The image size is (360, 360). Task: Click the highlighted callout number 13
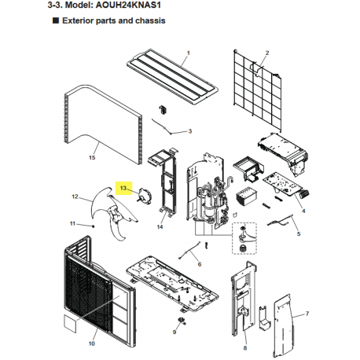[123, 188]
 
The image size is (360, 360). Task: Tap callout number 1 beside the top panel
[188, 53]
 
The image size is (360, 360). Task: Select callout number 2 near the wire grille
[267, 53]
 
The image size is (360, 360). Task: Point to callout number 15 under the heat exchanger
[92, 157]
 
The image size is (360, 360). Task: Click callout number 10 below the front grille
[92, 343]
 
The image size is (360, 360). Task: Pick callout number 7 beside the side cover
[307, 314]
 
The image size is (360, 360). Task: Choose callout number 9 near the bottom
[174, 332]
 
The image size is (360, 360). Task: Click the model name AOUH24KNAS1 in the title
[128, 5]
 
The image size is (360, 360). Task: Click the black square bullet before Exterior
[56, 20]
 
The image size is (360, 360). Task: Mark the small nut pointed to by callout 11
[94, 226]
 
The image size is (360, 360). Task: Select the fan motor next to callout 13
[145, 195]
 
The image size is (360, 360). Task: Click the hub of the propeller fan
[116, 214]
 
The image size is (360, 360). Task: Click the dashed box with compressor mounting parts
[244, 238]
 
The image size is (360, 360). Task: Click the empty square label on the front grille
[70, 324]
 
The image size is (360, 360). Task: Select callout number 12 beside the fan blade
[75, 197]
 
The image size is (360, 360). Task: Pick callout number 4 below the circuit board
[303, 211]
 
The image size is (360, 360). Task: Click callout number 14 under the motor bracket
[160, 226]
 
